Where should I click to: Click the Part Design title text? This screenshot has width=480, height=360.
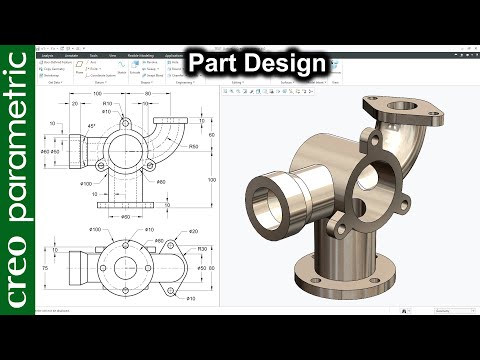[258, 63]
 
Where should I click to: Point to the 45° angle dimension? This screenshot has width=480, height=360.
[93, 127]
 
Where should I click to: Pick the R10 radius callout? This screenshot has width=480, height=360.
[133, 103]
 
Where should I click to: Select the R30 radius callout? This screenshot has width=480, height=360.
[201, 249]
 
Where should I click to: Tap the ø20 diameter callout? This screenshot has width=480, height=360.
[193, 231]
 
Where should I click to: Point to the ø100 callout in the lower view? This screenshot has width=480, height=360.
[94, 231]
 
